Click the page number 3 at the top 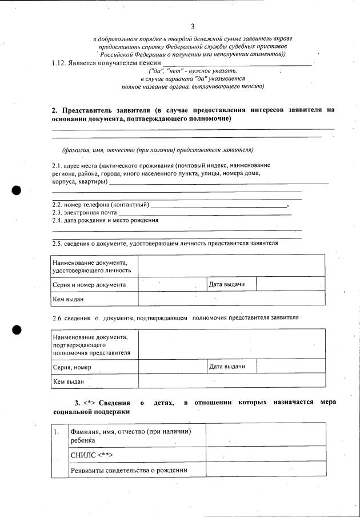pyautogui.click(x=192, y=26)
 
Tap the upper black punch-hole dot pyautogui.click(x=18, y=190)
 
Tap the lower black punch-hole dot pyautogui.click(x=17, y=329)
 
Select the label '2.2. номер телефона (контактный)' pyautogui.click(x=101, y=205)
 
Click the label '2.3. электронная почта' pyautogui.click(x=84, y=212)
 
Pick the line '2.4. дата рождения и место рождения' pyautogui.click(x=105, y=220)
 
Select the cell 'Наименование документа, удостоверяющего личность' pyautogui.click(x=91, y=267)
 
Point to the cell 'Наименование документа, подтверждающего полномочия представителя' pyautogui.click(x=91, y=345)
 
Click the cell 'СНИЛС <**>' pyautogui.click(x=91, y=455)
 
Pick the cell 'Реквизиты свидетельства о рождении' pyautogui.click(x=129, y=471)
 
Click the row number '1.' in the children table pyautogui.click(x=57, y=432)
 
